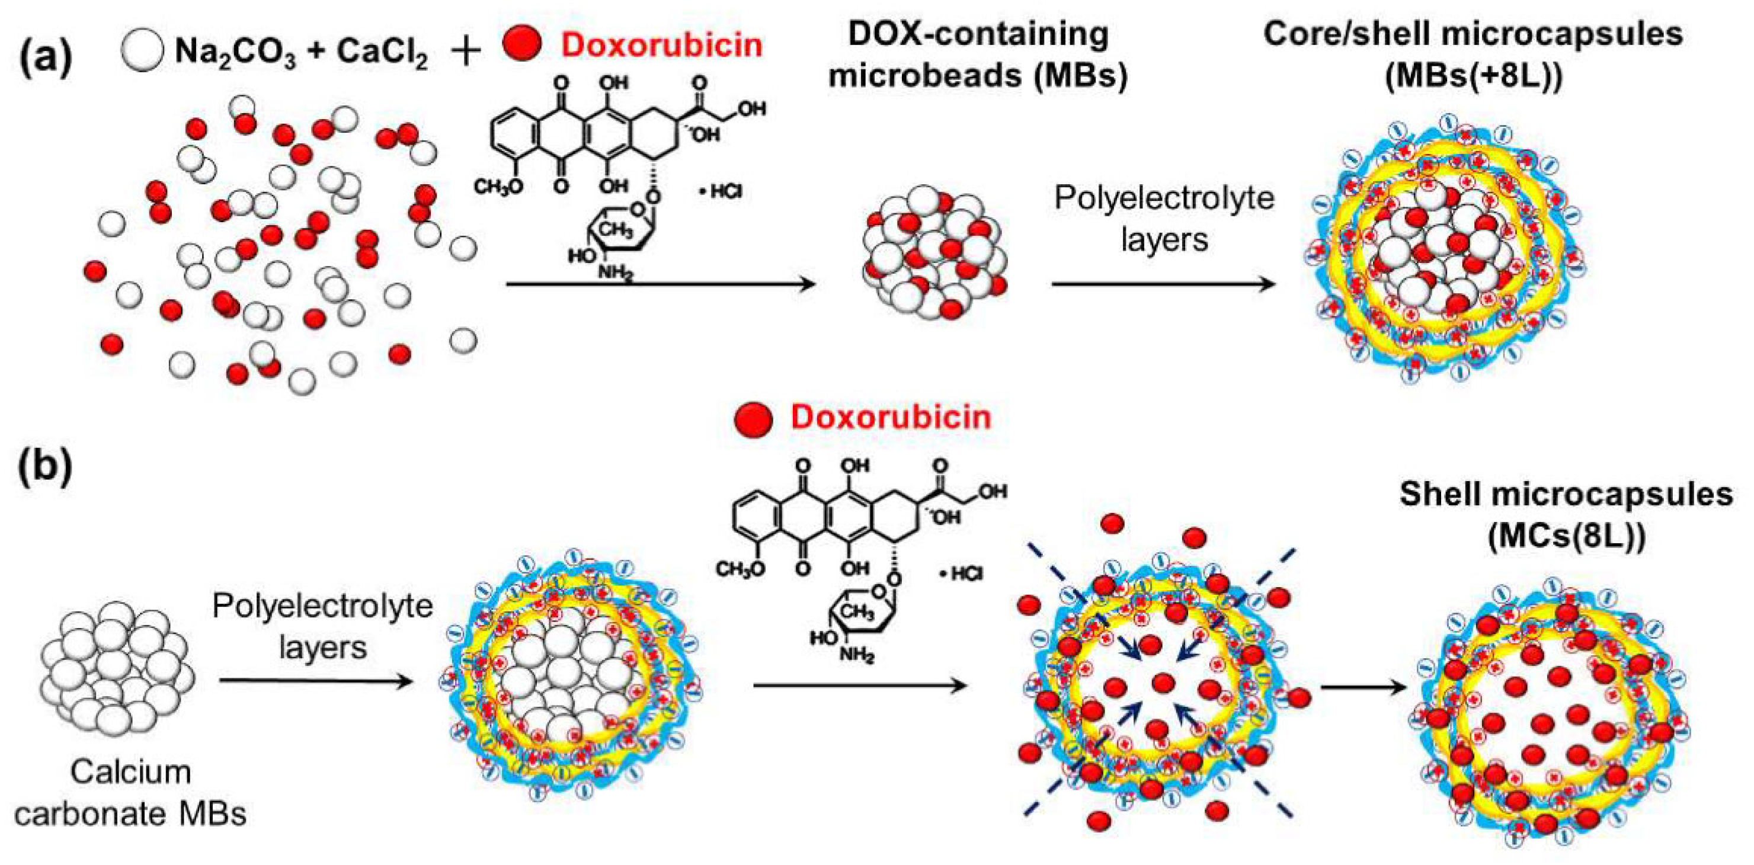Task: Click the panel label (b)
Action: tap(46, 468)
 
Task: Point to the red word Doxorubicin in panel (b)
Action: tap(890, 417)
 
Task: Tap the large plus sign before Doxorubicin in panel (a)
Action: tap(466, 50)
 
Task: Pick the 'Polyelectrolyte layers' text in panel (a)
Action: tap(1164, 219)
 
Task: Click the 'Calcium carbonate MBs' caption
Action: tap(131, 793)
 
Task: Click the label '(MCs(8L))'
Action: tap(1566, 537)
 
